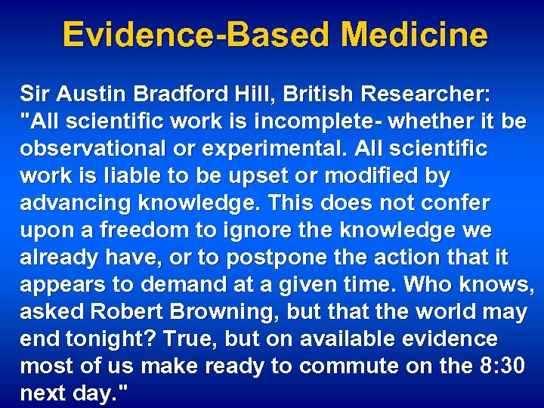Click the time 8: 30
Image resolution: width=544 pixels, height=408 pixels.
pyautogui.click(x=507, y=367)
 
